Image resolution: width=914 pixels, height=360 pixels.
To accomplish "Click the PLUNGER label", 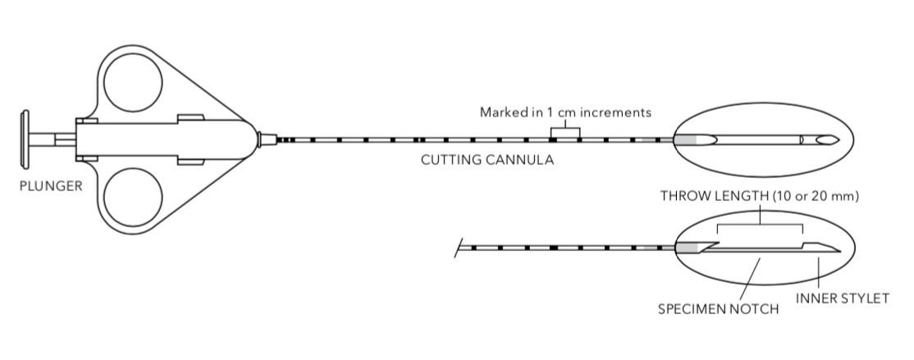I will point(51,186).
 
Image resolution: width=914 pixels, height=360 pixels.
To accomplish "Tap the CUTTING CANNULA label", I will point(487,160).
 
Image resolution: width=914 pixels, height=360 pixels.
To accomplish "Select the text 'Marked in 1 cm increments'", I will point(565,112).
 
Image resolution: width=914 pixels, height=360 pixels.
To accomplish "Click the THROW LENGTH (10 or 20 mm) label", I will point(759,198).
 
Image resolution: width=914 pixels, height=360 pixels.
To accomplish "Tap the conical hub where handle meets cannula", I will point(263,139).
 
